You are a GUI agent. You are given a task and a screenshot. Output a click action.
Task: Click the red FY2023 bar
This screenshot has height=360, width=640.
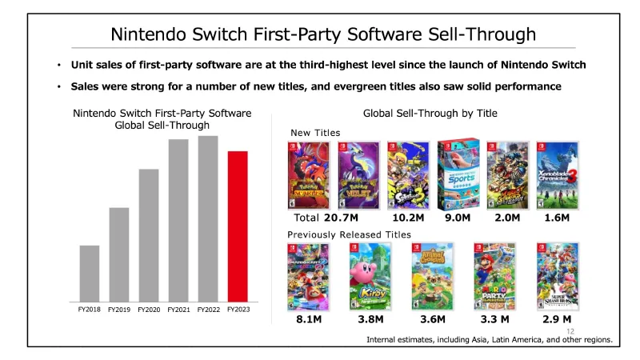pyautogui.click(x=238, y=225)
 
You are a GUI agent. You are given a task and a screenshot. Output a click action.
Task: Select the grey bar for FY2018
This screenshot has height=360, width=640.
pyautogui.click(x=90, y=272)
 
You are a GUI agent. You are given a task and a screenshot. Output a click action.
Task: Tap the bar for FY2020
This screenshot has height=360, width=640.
pyautogui.click(x=149, y=234)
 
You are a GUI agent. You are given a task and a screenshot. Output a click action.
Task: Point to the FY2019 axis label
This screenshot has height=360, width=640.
pyautogui.click(x=119, y=309)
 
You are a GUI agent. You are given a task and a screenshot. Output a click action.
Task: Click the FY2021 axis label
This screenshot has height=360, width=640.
pyautogui.click(x=178, y=309)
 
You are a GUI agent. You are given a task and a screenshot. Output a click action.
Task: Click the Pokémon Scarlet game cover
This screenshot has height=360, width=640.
pyautogui.click(x=308, y=175)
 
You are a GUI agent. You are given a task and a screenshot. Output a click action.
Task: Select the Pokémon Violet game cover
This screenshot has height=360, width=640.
pyautogui.click(x=358, y=175)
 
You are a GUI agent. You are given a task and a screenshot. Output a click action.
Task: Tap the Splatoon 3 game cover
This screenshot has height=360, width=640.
pyautogui.click(x=407, y=175)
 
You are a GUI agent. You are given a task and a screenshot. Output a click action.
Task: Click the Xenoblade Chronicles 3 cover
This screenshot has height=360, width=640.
pyautogui.click(x=558, y=175)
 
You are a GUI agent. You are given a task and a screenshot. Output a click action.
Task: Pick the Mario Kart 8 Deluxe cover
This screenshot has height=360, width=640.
pyautogui.click(x=308, y=276)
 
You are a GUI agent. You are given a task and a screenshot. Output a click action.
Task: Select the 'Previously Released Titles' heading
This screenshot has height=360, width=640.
pyautogui.click(x=349, y=234)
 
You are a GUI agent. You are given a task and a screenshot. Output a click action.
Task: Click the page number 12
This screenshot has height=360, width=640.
pyautogui.click(x=570, y=330)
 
